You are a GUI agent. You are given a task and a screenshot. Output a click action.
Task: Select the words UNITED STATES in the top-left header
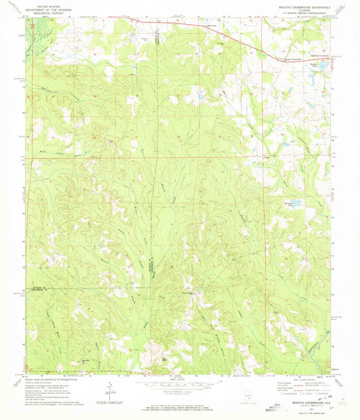(51, 5)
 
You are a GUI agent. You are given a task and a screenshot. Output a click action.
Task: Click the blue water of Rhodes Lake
(325, 65)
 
